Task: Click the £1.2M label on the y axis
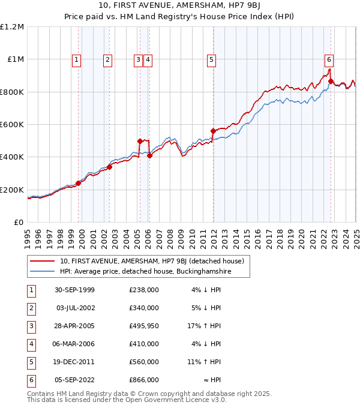pyautogui.click(x=12, y=27)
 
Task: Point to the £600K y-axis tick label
pyautogui.click(x=12, y=125)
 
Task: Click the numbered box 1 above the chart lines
pyautogui.click(x=77, y=59)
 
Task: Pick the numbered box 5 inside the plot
pyautogui.click(x=212, y=59)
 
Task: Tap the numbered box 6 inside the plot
pyautogui.click(x=329, y=59)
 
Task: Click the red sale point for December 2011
pyautogui.click(x=213, y=131)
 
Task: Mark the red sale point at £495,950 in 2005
pyautogui.click(x=140, y=141)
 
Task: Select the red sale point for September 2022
pyautogui.click(x=331, y=81)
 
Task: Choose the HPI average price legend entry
pyautogui.click(x=145, y=271)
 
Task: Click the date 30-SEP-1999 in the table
pyautogui.click(x=74, y=290)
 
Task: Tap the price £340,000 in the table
pyautogui.click(x=143, y=308)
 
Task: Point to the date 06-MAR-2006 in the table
pyautogui.click(x=74, y=344)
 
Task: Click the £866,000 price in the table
pyautogui.click(x=143, y=380)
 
